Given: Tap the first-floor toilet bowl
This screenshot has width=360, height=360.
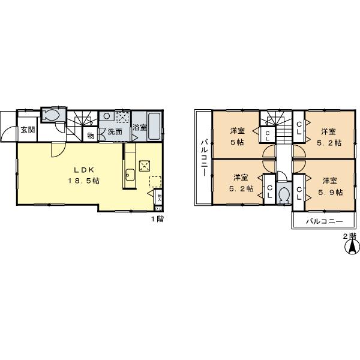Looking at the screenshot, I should click(50, 115).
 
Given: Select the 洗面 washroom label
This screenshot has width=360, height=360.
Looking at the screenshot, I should click(115, 131).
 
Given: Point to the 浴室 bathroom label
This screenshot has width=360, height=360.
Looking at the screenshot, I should click(140, 127).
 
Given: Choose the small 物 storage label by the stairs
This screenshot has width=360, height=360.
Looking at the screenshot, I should click(91, 136).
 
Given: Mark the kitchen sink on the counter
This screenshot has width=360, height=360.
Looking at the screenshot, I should click(130, 176).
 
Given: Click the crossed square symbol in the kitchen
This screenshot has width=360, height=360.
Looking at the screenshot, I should click(145, 166).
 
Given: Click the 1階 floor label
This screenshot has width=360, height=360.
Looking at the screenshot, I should click(157, 219).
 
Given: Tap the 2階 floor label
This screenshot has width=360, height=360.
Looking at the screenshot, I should click(349, 236).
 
